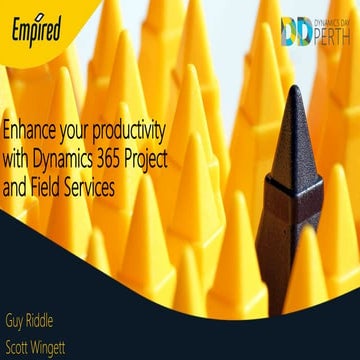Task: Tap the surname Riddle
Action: pos(58,325)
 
